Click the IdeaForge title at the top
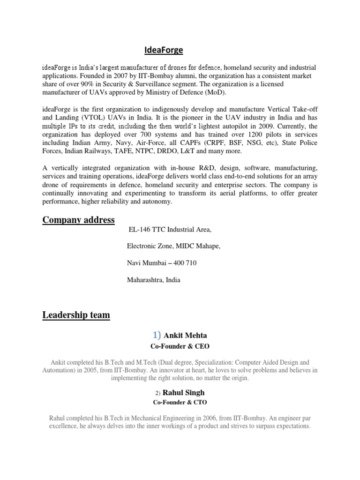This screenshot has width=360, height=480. pos(164,50)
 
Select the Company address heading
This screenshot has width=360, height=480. pos(78,220)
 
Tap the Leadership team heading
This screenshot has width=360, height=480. pos(76,315)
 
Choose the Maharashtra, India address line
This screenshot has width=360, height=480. pos(154,280)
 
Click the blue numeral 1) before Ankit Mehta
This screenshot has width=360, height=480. pos(157,335)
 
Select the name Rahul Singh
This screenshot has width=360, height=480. pos(184,392)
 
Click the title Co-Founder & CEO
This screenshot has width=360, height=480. pos(180,346)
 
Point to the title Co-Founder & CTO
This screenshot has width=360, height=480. pos(180,402)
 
